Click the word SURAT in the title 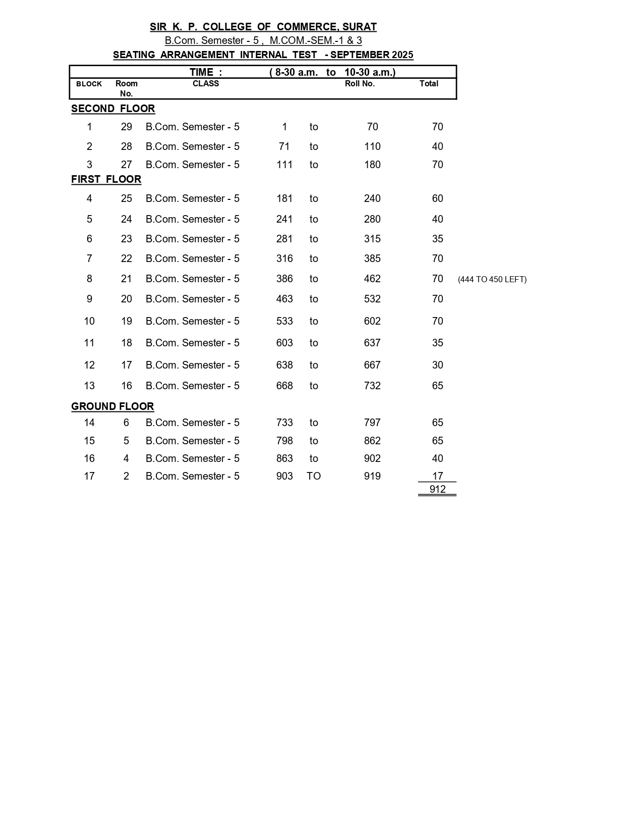360,27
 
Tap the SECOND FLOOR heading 113,109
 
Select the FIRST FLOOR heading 106,179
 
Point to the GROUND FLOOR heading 112,406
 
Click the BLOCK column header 89,84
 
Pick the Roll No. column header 360,84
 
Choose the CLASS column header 206,84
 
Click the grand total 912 437,489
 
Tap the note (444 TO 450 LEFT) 492,279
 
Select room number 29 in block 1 126,127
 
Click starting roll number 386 284,279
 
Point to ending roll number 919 372,476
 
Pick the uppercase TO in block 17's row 314,476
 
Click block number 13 89,386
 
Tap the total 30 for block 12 437,365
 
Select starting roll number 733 284,423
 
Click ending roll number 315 372,239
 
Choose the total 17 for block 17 437,476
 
